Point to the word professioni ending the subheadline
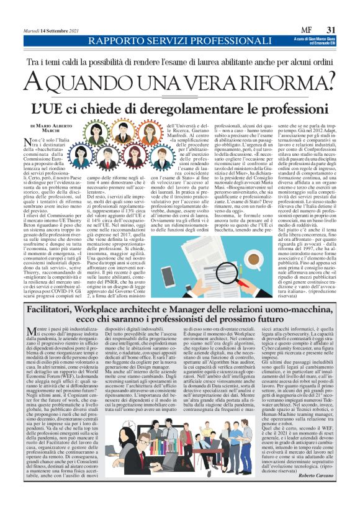292,107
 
